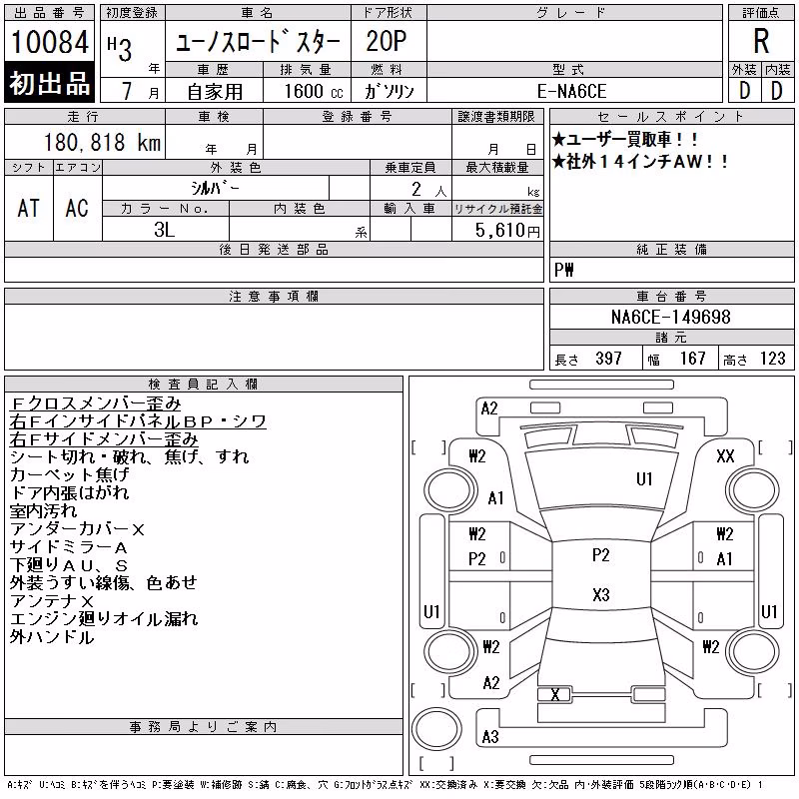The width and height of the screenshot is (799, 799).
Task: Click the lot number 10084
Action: [49, 42]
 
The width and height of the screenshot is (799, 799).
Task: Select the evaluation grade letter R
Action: [761, 41]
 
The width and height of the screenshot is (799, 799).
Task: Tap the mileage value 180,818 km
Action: [102, 142]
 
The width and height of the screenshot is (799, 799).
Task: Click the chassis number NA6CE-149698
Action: [670, 317]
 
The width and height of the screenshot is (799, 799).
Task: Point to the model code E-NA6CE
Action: [571, 91]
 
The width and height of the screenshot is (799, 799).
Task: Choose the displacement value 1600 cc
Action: [314, 91]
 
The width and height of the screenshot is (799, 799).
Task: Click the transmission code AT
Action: [28, 208]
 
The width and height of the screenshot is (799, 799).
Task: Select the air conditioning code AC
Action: [77, 208]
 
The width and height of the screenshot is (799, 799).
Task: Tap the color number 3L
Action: [164, 230]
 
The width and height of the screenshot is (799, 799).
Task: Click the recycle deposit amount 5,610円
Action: [507, 231]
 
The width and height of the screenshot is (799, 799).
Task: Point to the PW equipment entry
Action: [563, 270]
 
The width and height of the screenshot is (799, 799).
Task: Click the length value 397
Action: [608, 359]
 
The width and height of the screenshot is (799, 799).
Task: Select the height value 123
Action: [772, 359]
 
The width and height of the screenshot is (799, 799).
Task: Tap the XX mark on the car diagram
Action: [725, 455]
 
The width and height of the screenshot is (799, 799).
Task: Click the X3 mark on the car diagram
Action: [601, 594]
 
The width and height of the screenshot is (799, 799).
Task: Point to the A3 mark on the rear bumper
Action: [490, 736]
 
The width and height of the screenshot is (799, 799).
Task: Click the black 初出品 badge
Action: [49, 82]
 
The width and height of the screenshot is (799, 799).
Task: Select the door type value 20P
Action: [387, 41]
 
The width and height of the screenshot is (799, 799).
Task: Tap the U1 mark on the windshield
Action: [644, 479]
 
